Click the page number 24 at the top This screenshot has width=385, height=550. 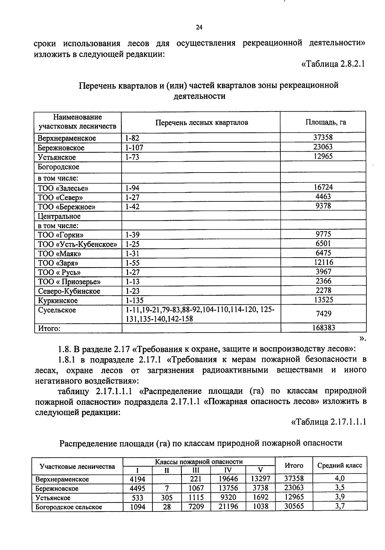[199, 28]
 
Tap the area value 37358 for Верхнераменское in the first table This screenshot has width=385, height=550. [323, 138]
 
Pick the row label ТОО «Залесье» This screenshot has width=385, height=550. [63, 188]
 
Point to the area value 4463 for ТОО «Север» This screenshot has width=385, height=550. [323, 197]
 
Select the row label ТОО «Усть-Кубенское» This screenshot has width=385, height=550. [77, 244]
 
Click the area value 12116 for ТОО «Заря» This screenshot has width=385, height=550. [323, 262]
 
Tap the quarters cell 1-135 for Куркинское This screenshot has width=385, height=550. [134, 300]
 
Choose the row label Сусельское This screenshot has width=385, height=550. [57, 310]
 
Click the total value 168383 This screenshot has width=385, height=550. [323, 328]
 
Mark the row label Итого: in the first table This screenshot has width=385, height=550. [49, 328]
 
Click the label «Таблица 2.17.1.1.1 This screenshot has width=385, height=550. [329, 422]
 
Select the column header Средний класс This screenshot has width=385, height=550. [339, 465]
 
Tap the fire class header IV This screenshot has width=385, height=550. [228, 470]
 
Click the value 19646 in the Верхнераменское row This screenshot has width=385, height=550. [228, 479]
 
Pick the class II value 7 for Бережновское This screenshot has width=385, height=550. [167, 488]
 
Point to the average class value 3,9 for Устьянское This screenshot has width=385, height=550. [339, 497]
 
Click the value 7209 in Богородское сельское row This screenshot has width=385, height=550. [196, 507]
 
